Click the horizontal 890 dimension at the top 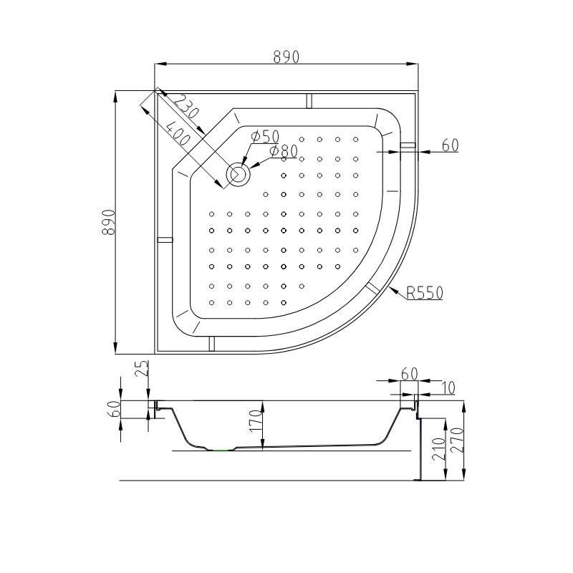(x=286, y=57)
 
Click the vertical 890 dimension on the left (x=109, y=222)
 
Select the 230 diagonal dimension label (x=186, y=106)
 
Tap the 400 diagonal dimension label (x=178, y=133)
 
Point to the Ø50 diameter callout (x=265, y=136)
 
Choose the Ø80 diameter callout (x=284, y=151)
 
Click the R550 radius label (x=425, y=293)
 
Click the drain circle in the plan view (x=239, y=173)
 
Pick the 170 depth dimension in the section (x=256, y=420)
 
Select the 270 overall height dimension (x=457, y=440)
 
